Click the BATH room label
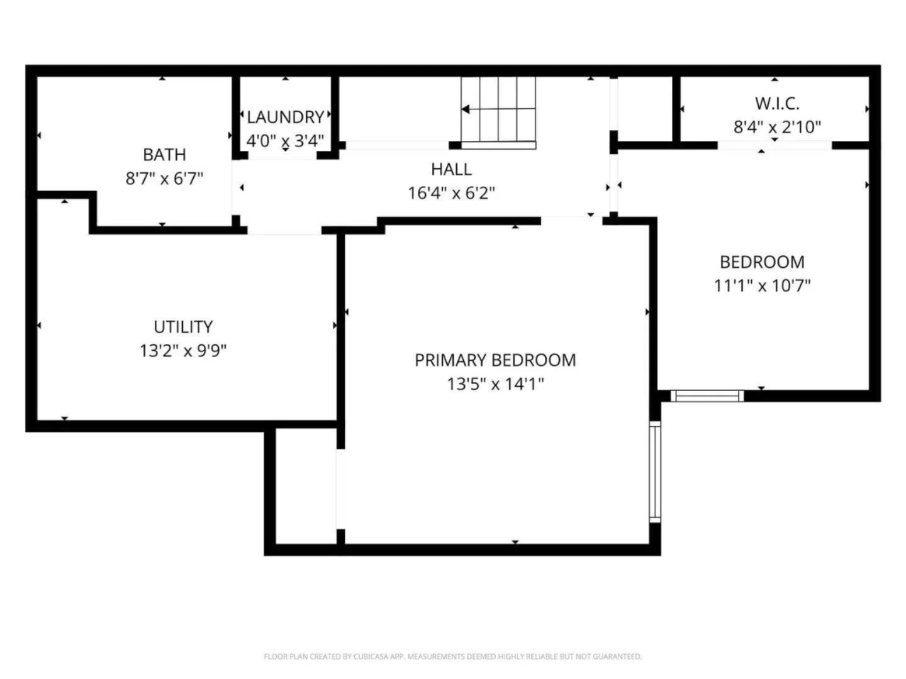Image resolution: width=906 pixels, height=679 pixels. (x=164, y=155)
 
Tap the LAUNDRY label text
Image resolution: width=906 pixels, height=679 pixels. (x=285, y=117)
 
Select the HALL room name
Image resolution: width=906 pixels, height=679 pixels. (x=451, y=169)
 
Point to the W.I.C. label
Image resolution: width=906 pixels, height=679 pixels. (x=777, y=104)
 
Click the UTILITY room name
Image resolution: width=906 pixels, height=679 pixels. (x=183, y=327)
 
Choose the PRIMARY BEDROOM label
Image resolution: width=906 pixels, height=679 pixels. (x=495, y=360)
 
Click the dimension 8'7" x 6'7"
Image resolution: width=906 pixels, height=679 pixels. (x=164, y=179)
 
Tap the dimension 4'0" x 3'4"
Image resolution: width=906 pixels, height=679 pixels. (x=285, y=141)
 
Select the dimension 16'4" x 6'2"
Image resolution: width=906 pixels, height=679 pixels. (x=451, y=193)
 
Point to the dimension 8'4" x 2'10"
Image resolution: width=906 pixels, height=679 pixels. (x=777, y=127)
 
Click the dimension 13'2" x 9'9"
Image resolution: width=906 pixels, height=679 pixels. (x=183, y=351)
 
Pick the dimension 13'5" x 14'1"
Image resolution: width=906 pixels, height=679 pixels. (x=495, y=384)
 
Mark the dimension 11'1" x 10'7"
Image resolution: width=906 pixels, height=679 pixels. (x=763, y=285)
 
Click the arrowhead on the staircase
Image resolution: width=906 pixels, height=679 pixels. (x=466, y=109)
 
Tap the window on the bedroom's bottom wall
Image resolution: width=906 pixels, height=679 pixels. (x=707, y=396)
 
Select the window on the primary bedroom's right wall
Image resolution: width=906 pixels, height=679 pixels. (x=655, y=472)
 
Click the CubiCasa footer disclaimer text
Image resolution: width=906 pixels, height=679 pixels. (x=453, y=656)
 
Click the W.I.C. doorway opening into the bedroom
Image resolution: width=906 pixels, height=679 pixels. (x=775, y=145)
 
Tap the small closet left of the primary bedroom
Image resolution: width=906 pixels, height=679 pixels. (x=306, y=487)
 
